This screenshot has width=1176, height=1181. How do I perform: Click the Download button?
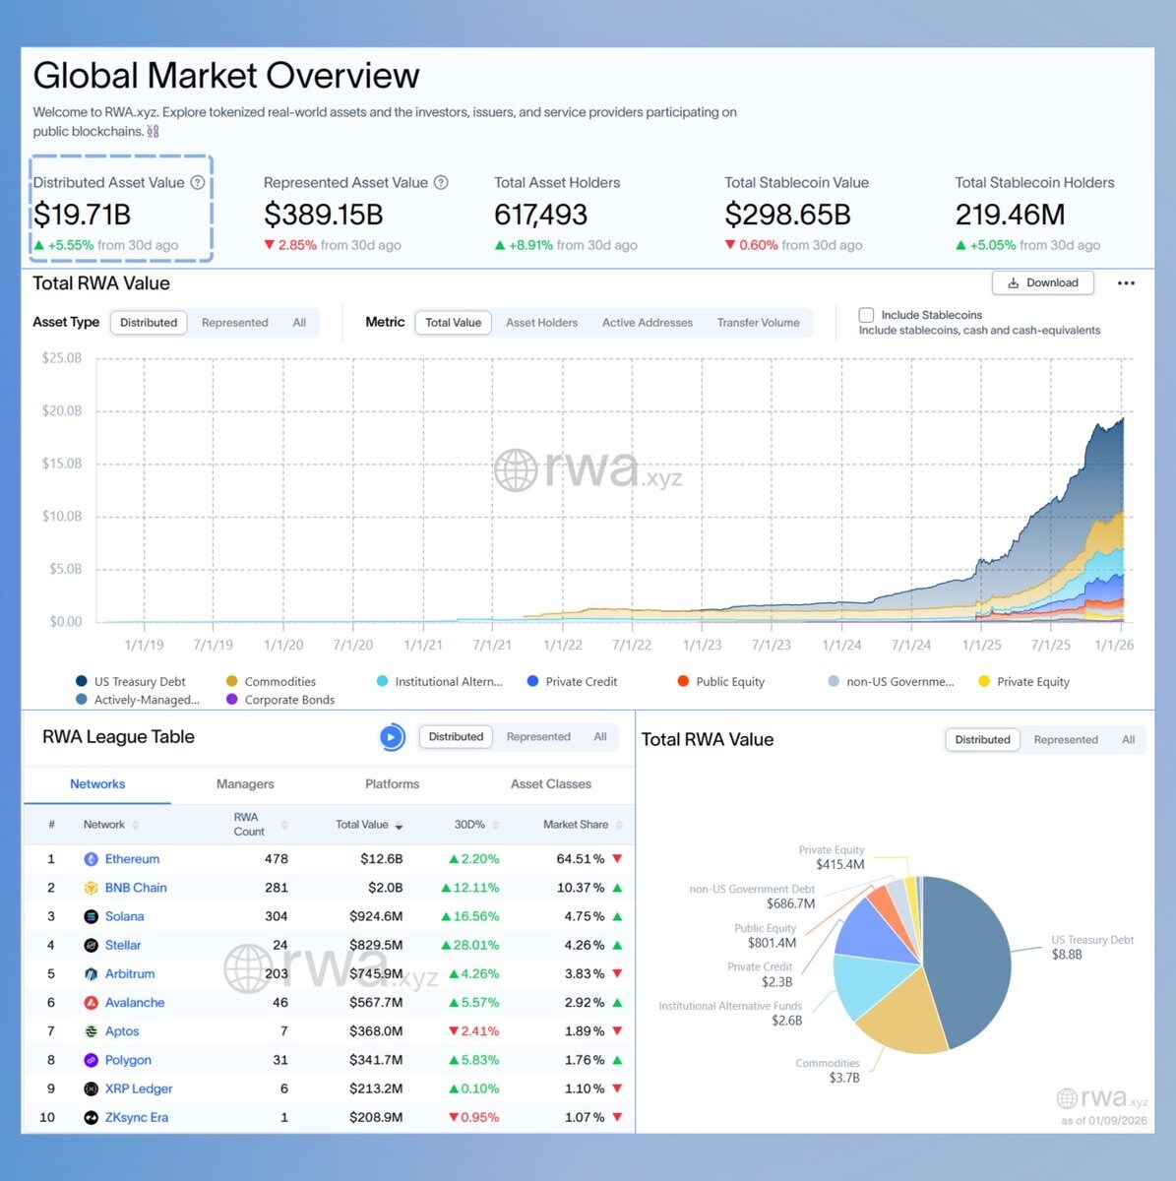(1042, 282)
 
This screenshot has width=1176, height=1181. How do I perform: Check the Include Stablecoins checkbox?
(866, 315)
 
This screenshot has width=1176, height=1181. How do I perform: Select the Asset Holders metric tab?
(541, 323)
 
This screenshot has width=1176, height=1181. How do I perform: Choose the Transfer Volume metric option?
(758, 323)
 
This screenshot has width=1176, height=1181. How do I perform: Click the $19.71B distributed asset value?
(82, 215)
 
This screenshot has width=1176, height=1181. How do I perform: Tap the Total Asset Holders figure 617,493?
(540, 215)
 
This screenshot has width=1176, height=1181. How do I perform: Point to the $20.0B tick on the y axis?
(62, 410)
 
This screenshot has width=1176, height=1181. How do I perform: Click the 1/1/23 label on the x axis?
(702, 645)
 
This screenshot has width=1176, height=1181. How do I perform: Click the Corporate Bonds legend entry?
(289, 700)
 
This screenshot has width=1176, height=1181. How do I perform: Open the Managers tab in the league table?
(245, 784)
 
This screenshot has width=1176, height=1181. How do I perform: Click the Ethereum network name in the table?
(132, 859)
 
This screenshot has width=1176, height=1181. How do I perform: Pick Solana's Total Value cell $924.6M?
(376, 916)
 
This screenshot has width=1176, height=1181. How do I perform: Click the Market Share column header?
(576, 825)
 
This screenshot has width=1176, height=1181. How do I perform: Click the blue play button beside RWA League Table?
(392, 737)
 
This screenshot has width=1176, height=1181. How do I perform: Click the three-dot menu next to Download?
(1126, 282)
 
